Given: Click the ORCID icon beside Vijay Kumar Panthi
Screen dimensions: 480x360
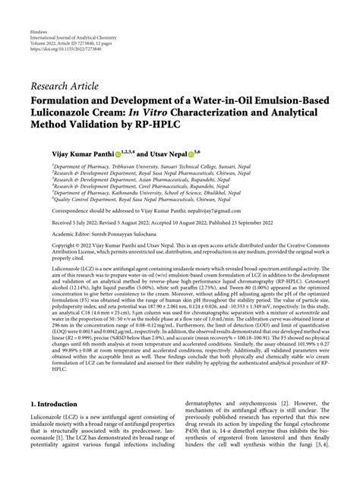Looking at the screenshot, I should click(x=125, y=153).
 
